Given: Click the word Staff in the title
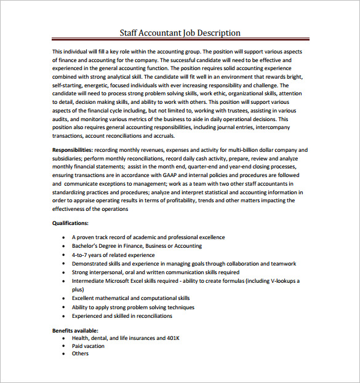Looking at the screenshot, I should coord(130,33).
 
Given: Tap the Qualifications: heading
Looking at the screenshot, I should coord(70,224).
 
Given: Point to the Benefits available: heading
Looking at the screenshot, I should coord(75,331).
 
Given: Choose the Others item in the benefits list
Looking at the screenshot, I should coord(80,353).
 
